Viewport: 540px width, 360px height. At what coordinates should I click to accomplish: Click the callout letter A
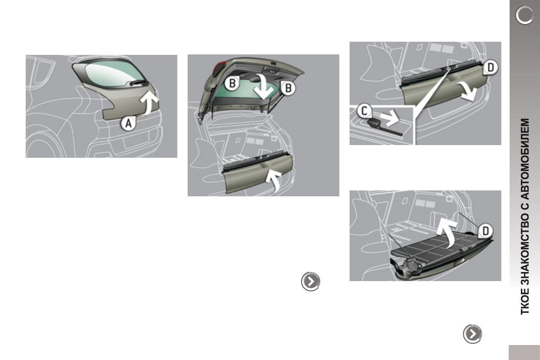129,124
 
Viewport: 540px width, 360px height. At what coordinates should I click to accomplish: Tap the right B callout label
287,89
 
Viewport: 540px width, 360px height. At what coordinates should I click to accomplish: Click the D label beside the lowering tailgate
491,68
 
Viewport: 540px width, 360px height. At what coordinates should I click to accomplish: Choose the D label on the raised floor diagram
485,231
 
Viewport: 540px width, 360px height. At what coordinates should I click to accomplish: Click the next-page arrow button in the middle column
311,282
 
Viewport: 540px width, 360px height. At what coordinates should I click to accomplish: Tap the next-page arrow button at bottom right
472,334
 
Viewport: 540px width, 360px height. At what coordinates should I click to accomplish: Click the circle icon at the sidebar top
525,16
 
